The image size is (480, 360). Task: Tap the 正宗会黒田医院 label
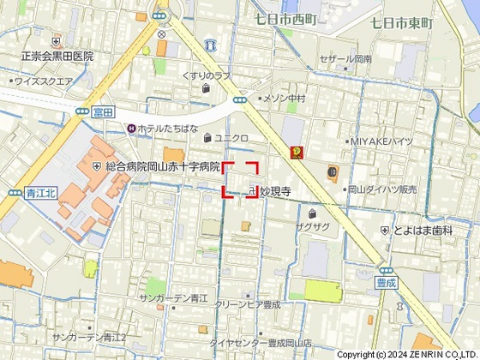point(57,56)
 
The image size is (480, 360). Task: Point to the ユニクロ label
point(231,137)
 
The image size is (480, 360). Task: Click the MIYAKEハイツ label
point(382,141)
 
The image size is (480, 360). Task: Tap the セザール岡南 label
point(345,59)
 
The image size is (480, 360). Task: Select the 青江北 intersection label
point(40,193)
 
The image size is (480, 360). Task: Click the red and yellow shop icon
point(297,153)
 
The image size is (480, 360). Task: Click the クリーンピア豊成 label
point(248,303)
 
